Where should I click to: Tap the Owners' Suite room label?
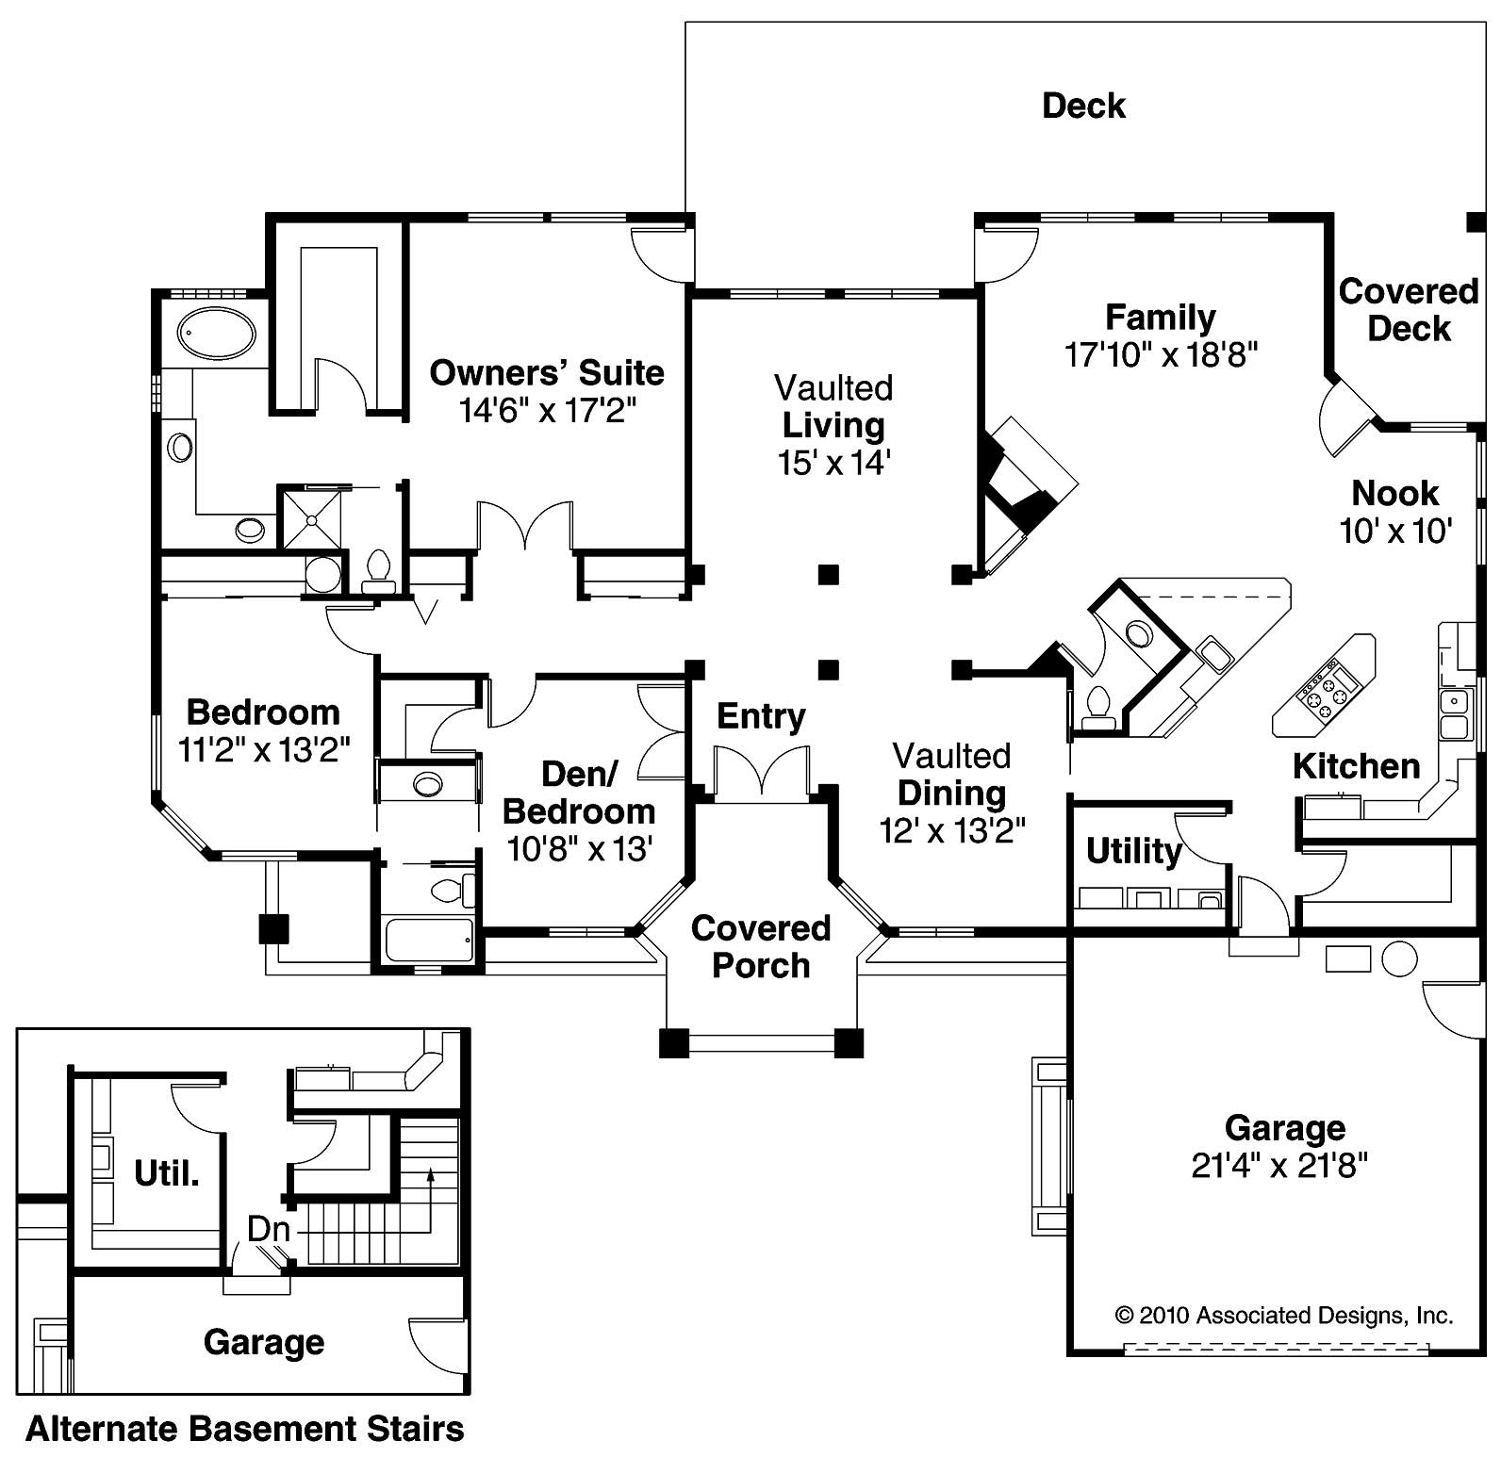coord(547,373)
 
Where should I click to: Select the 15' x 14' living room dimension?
coord(833,463)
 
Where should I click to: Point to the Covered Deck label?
coord(1409,310)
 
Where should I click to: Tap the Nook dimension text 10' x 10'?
coord(1395,532)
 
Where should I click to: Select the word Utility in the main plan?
coord(1133,851)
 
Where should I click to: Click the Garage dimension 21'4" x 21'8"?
coord(1279,1167)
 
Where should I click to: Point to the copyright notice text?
coord(1284,1316)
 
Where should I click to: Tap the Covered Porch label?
coord(761,947)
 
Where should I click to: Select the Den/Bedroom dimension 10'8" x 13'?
coord(580,849)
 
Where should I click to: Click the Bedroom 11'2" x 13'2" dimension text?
coord(264,750)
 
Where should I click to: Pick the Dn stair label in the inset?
coord(268,1229)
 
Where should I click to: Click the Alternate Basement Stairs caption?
coord(245,1429)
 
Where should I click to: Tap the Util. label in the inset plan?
coord(167,1173)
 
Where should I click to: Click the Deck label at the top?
coord(1083,106)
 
